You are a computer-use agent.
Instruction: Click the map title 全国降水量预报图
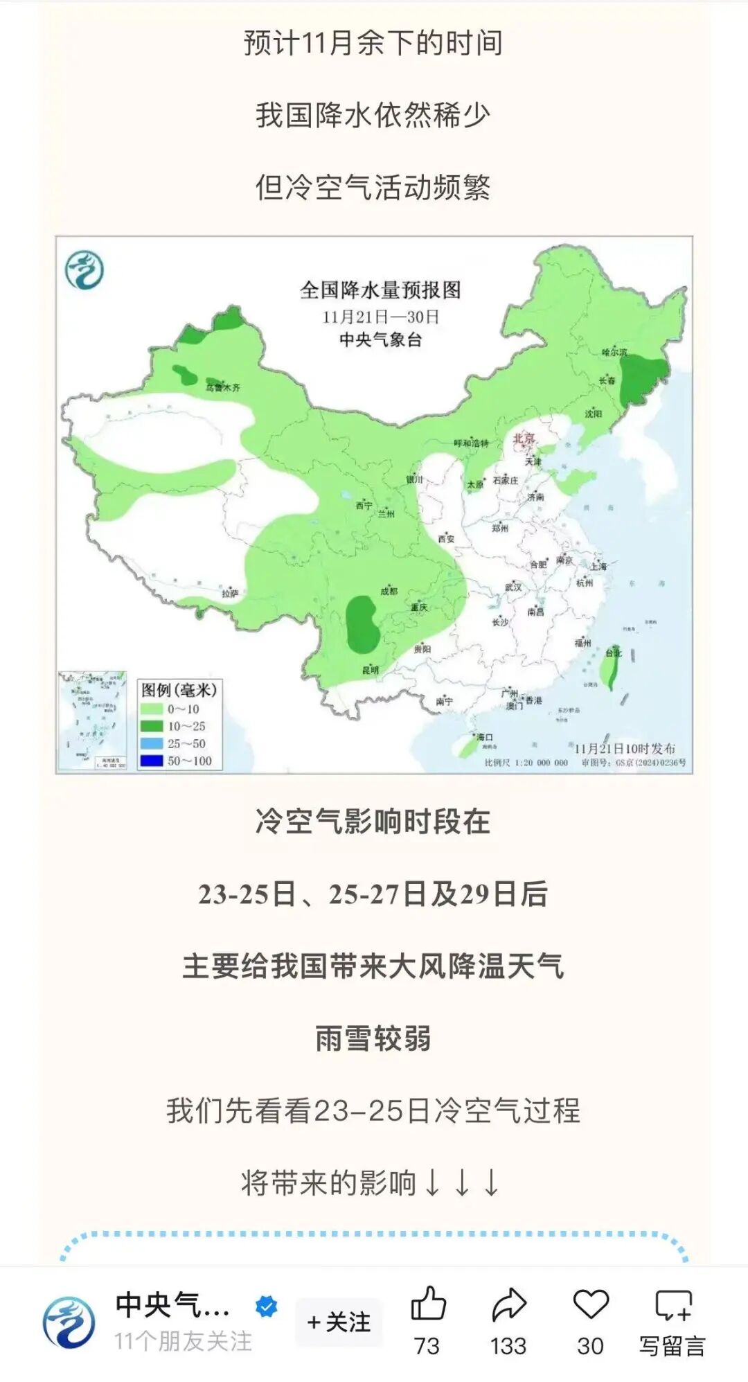point(380,290)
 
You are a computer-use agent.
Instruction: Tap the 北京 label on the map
point(524,438)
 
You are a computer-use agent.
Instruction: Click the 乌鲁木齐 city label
point(222,387)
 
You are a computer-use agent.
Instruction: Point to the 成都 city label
point(389,591)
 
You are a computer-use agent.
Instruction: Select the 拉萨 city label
point(230,593)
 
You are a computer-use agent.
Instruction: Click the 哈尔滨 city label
point(614,352)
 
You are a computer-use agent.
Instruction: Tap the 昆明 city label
point(371,670)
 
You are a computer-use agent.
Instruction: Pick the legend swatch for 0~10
point(151,709)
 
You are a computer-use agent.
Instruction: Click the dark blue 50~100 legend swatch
point(151,761)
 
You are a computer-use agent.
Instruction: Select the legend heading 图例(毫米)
point(179,690)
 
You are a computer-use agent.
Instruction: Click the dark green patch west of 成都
point(362,623)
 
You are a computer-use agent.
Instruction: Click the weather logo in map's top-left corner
point(84,269)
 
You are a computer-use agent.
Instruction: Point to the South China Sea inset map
point(92,720)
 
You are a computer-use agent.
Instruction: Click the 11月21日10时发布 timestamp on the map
point(624,748)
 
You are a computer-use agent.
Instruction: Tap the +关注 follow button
point(339,1322)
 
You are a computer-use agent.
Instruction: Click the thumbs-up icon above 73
point(428,1304)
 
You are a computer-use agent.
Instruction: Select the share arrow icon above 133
point(509,1304)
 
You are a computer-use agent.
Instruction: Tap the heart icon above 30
point(590,1304)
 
